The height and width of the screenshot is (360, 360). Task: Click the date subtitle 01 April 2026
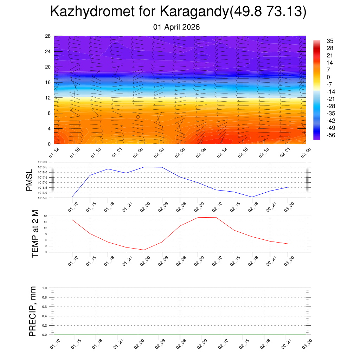[176, 27]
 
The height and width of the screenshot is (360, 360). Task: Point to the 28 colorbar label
[330, 48]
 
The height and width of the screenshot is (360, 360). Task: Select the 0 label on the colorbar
[328, 77]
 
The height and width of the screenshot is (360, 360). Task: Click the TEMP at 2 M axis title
[35, 233]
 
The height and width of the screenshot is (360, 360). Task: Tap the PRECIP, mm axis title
[33, 311]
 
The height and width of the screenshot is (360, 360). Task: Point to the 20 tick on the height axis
[48, 67]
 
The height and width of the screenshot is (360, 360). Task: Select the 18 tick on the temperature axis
[46, 216]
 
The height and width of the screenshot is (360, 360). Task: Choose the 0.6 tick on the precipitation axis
[45, 307]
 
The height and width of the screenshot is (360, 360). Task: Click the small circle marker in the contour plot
[138, 117]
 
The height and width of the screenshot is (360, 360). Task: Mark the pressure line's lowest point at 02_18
[252, 197]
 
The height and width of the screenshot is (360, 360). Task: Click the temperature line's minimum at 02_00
[144, 250]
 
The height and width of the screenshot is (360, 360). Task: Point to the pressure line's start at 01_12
[72, 197]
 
